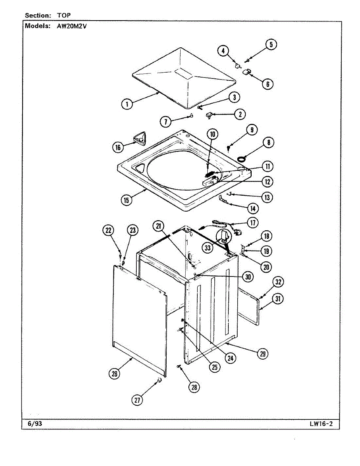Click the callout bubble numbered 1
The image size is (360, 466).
pos(127,104)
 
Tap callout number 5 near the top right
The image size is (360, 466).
pos(271,45)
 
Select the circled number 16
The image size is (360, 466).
pos(118,147)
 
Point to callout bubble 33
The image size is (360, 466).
pos(207,248)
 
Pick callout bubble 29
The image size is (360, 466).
pos(263,354)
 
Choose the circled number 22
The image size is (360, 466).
pos(108,230)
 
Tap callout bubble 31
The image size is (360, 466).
pos(278,299)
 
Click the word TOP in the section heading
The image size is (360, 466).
pos(64,16)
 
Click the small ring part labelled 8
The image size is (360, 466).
pos(242,159)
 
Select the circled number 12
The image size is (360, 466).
pos(267,182)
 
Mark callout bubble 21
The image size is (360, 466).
pos(158,226)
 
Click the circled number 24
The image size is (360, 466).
pos(230,358)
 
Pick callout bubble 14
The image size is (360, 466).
pos(253,209)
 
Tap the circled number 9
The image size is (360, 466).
pos(252,130)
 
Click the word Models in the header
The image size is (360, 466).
pos(38,26)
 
